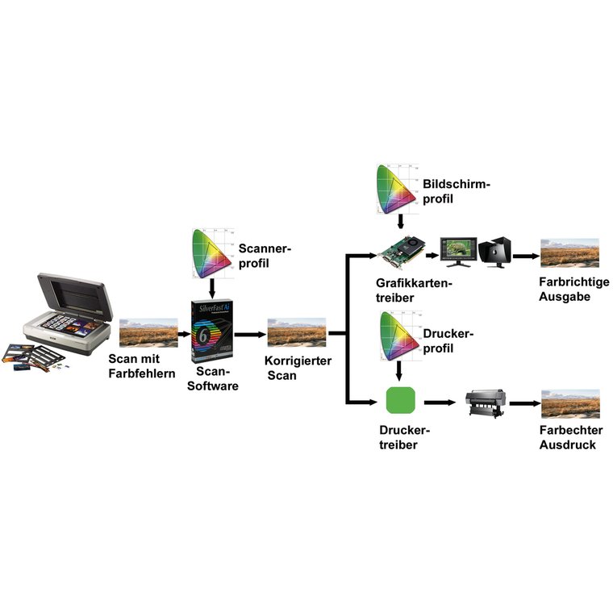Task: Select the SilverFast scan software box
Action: (212, 331)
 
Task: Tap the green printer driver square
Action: (401, 401)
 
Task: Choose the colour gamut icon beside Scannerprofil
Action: (211, 250)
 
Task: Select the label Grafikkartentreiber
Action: (414, 290)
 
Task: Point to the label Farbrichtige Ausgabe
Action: (574, 289)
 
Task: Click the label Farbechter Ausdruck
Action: (570, 437)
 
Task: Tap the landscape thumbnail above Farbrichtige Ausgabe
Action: (569, 252)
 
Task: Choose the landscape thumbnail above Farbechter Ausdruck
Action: (570, 402)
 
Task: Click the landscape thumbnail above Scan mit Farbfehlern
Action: (148, 332)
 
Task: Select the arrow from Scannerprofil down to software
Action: (211, 286)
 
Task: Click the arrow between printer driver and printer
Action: (439, 402)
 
